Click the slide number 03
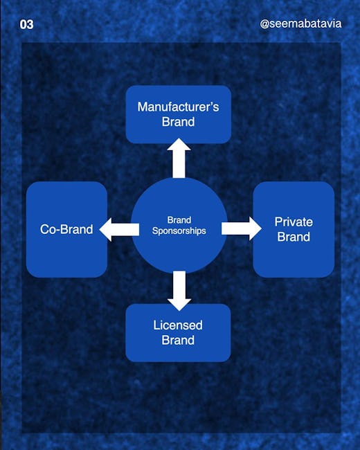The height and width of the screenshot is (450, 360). (x=26, y=24)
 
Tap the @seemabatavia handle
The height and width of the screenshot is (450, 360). (x=300, y=24)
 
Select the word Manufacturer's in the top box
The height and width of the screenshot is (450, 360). (x=178, y=107)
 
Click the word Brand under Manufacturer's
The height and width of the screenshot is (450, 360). (x=179, y=122)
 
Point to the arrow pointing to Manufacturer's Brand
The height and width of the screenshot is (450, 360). (x=179, y=158)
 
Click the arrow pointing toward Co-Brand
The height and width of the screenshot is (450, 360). (x=120, y=229)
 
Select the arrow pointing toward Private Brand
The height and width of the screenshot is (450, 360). (x=241, y=228)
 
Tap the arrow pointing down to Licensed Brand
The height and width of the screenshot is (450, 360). (x=179, y=291)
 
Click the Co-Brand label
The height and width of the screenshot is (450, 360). (x=66, y=229)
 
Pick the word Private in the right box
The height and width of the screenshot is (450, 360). (x=294, y=222)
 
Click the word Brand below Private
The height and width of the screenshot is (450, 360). (x=294, y=237)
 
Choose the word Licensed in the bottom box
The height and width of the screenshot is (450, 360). (x=178, y=325)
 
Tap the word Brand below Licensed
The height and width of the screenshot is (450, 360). (x=178, y=340)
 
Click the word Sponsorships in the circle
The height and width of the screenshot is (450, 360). (x=179, y=231)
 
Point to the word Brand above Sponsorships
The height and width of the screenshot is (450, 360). (x=179, y=220)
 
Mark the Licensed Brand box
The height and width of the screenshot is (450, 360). (x=178, y=332)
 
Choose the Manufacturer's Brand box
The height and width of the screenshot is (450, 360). (x=179, y=114)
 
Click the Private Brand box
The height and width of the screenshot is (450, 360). (x=294, y=229)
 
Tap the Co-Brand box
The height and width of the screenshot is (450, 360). (x=66, y=229)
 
